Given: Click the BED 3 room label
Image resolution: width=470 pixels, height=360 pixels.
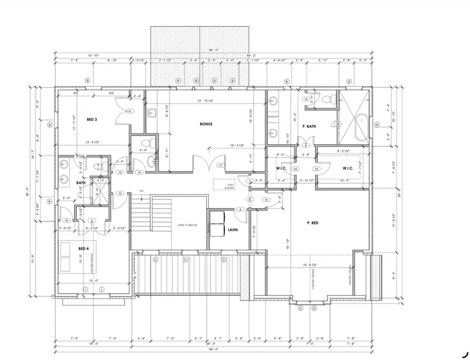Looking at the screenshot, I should [x=92, y=119].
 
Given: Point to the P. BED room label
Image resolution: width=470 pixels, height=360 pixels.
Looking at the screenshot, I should [x=313, y=223].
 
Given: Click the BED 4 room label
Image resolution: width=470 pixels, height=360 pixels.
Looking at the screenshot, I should [x=84, y=248].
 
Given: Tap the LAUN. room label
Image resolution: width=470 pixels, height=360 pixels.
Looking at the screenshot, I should [x=233, y=229].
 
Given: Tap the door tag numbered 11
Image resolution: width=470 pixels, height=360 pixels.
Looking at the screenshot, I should [x=220, y=165].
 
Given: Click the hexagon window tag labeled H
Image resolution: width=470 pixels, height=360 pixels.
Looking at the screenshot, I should [x=377, y=124].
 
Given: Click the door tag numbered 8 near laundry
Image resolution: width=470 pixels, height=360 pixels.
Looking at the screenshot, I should [x=240, y=209].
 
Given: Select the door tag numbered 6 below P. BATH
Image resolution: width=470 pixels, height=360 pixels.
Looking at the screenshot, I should [x=305, y=146].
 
